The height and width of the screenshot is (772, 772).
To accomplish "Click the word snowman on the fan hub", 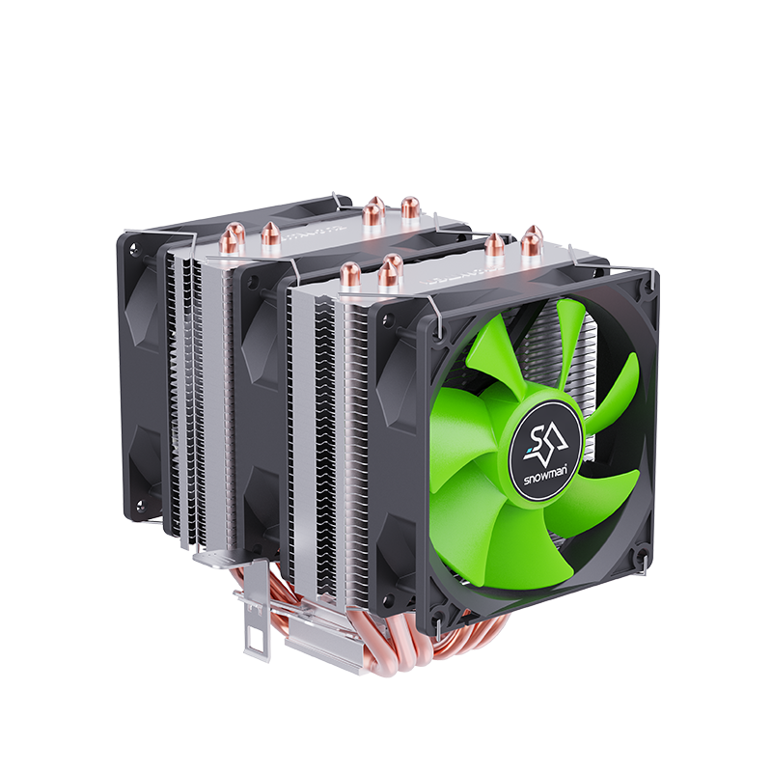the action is pos(545,476).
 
